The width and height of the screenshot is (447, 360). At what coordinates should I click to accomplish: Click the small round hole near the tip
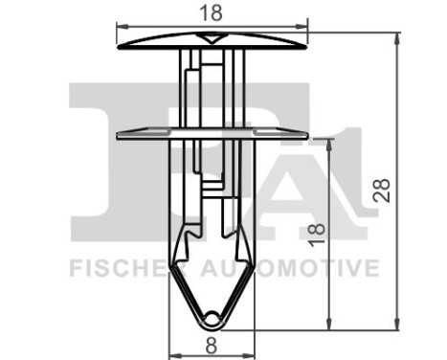[x=212, y=314]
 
